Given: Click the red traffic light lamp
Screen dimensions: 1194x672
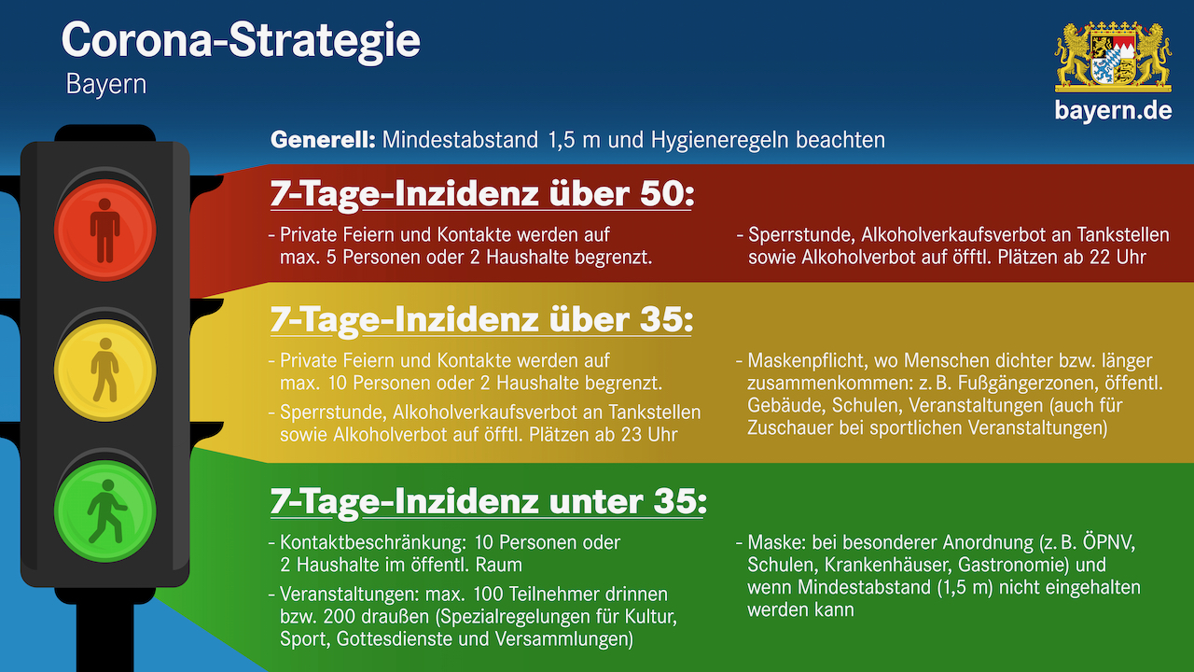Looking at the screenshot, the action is tap(105, 231).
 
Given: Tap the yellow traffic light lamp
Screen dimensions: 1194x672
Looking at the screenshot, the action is tap(105, 371).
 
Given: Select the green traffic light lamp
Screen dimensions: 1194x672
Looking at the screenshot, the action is tap(105, 511).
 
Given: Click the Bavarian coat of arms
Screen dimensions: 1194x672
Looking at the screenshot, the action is tap(1113, 57).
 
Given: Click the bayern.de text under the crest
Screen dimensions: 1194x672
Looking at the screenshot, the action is tap(1113, 110).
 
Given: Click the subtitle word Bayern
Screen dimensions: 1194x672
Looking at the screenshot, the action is tap(106, 85).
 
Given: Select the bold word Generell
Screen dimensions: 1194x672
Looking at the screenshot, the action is tap(323, 140).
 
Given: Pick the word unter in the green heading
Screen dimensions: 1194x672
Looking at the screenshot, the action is tap(596, 502).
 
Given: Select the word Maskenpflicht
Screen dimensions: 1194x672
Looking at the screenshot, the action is tap(808, 361).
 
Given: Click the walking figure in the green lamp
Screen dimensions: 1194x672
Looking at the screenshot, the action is tap(106, 511).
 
